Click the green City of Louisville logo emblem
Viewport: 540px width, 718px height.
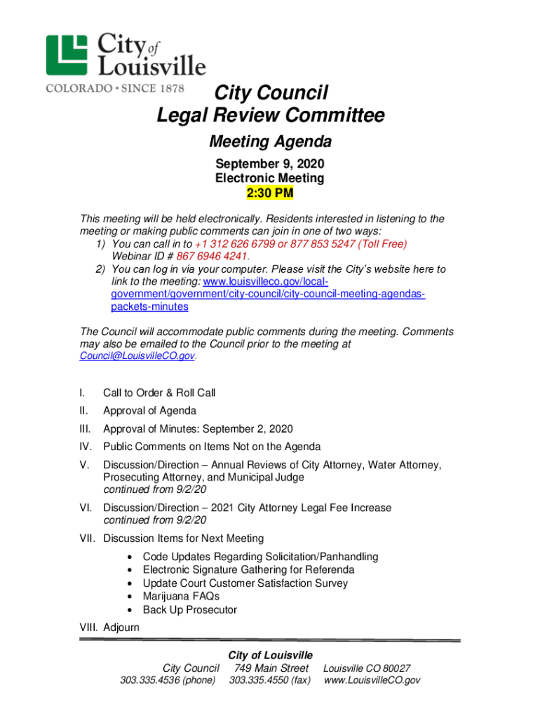point(67,55)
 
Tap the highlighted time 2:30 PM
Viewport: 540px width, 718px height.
point(269,193)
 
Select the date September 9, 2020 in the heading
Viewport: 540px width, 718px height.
point(269,164)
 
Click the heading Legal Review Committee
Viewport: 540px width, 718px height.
point(270,116)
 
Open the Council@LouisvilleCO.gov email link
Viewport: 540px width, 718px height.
point(137,356)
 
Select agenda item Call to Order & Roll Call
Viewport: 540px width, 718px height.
point(159,393)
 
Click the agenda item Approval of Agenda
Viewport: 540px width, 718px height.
point(149,411)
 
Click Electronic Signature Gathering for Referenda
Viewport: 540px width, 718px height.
point(248,570)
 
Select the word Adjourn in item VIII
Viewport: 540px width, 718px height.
point(121,628)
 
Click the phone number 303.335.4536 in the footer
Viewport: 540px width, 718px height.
point(168,680)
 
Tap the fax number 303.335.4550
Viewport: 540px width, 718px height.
point(269,680)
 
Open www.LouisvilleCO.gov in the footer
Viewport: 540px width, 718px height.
point(372,680)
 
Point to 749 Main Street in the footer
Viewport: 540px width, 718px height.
point(271,668)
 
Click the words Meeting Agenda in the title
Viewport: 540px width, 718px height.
point(270,142)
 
